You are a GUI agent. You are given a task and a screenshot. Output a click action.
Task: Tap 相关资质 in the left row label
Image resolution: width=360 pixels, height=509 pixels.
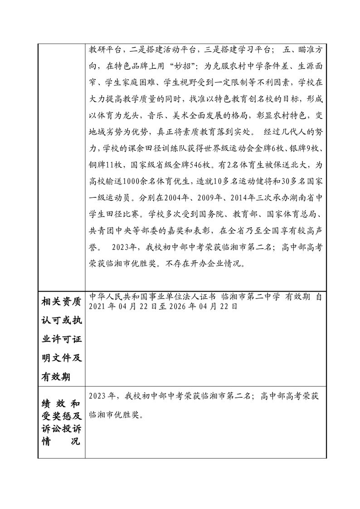(61, 301)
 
